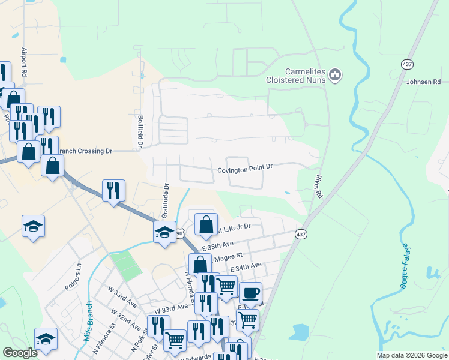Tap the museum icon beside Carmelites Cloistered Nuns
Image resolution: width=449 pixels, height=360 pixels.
pyautogui.click(x=335, y=76)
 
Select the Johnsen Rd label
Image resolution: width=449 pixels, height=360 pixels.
pyautogui.click(x=423, y=82)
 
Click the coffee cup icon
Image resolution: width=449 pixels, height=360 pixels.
pyautogui.click(x=250, y=293)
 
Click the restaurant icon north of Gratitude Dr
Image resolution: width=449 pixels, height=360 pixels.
pyautogui.click(x=113, y=190)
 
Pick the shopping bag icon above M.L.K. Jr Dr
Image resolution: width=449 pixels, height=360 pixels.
pyautogui.click(x=206, y=224)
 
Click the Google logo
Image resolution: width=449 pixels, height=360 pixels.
pyautogui.click(x=21, y=353)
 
